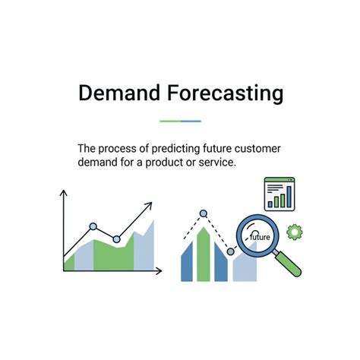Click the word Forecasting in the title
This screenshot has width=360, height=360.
(x=226, y=93)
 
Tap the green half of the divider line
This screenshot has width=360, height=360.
(x=169, y=121)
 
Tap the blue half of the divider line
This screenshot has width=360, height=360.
(x=191, y=121)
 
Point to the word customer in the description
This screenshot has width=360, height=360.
(x=254, y=149)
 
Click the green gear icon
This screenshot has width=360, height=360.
(x=293, y=229)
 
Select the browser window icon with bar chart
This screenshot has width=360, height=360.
(x=279, y=194)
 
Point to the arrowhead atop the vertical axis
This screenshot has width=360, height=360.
(x=63, y=194)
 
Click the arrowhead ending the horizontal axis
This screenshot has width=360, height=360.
(x=159, y=271)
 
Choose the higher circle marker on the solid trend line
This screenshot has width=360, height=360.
(x=93, y=226)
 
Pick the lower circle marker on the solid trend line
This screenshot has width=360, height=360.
(x=116, y=239)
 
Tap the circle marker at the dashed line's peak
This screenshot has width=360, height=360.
(x=203, y=213)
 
